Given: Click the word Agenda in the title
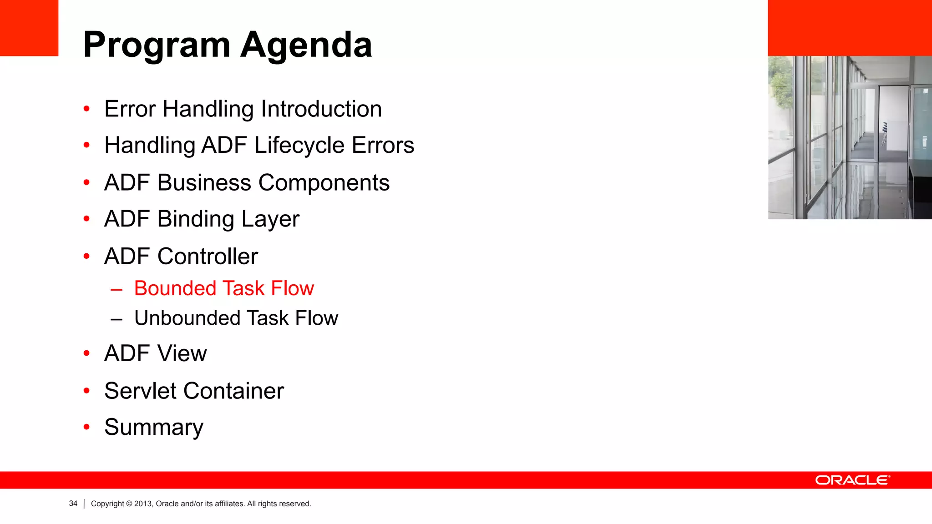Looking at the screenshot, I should click(306, 45).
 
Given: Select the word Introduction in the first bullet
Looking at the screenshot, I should click(321, 109).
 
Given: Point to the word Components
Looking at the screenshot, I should click(324, 183).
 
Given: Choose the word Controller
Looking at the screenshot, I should click(208, 257).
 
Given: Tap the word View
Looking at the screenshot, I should click(182, 353).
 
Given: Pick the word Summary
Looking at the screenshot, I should click(154, 428).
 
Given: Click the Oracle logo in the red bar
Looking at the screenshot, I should click(852, 480).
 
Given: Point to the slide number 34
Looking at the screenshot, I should click(73, 504).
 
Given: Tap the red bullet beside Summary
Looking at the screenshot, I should click(87, 427).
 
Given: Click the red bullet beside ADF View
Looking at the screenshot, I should click(87, 353).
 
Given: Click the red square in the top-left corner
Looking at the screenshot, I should click(29, 28).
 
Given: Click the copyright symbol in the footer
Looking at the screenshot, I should click(129, 504).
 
